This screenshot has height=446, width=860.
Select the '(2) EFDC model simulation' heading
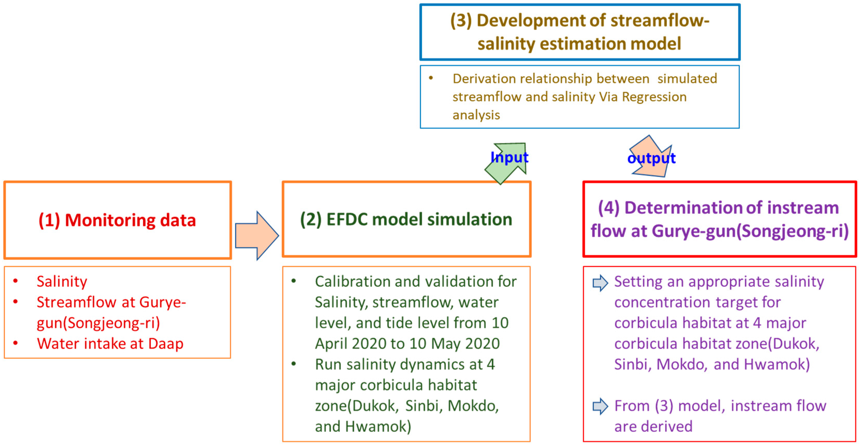(x=406, y=220)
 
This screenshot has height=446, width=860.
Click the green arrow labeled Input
(x=506, y=163)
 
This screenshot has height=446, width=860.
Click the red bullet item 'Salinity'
(x=62, y=282)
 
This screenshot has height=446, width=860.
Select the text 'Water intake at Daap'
(x=110, y=344)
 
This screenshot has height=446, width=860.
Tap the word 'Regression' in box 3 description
(x=654, y=97)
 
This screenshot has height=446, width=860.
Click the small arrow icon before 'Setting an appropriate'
(x=600, y=283)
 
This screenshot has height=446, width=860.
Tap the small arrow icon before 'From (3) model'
(x=600, y=406)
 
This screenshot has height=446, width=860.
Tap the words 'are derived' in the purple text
(x=653, y=427)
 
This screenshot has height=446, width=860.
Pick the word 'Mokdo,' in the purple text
(x=682, y=364)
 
